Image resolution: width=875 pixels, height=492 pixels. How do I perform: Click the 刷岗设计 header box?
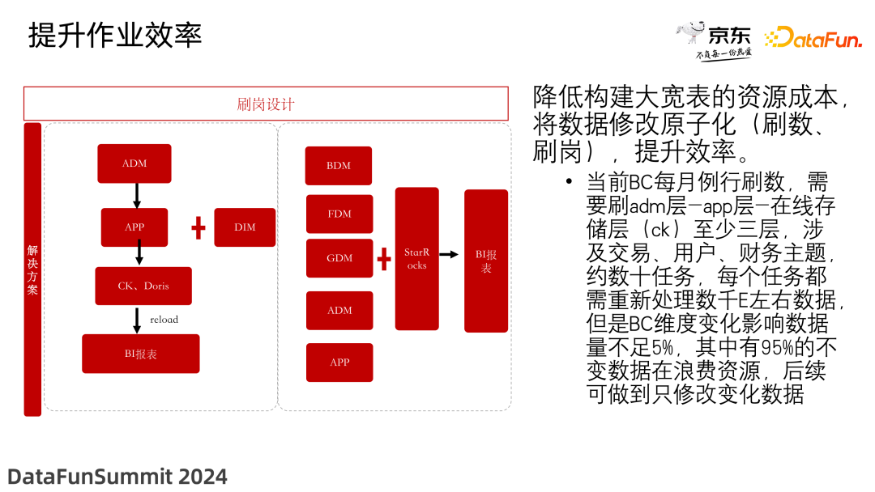(266, 104)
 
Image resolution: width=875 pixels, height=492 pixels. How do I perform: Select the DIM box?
(245, 227)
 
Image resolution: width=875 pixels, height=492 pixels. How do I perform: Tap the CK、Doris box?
(143, 286)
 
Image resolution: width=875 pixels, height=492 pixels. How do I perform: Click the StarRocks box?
(417, 258)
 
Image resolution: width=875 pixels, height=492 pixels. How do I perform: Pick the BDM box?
(338, 166)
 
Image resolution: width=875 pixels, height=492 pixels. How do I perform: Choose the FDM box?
(339, 214)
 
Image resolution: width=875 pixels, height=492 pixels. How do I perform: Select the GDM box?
(339, 258)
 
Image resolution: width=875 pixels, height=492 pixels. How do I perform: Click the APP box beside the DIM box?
(134, 227)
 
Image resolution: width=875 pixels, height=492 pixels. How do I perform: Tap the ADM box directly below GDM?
(339, 311)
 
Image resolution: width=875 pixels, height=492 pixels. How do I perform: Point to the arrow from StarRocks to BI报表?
(449, 255)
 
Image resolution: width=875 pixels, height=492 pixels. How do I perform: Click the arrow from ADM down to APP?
(137, 195)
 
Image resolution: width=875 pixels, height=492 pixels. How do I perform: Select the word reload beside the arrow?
(164, 320)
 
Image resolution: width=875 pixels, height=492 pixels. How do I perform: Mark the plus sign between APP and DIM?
(198, 228)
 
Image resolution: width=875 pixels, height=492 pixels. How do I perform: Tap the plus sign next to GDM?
(384, 259)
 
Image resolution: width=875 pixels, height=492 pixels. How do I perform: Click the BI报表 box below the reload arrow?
(141, 354)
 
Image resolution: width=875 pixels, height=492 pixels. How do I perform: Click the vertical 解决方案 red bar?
(32, 269)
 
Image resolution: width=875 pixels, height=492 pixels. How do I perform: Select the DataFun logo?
(813, 38)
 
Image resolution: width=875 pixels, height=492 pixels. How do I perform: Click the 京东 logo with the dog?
(714, 40)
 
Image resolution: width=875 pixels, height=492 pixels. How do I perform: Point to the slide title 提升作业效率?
(115, 35)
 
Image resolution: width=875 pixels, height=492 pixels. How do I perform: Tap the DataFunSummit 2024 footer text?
(117, 477)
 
